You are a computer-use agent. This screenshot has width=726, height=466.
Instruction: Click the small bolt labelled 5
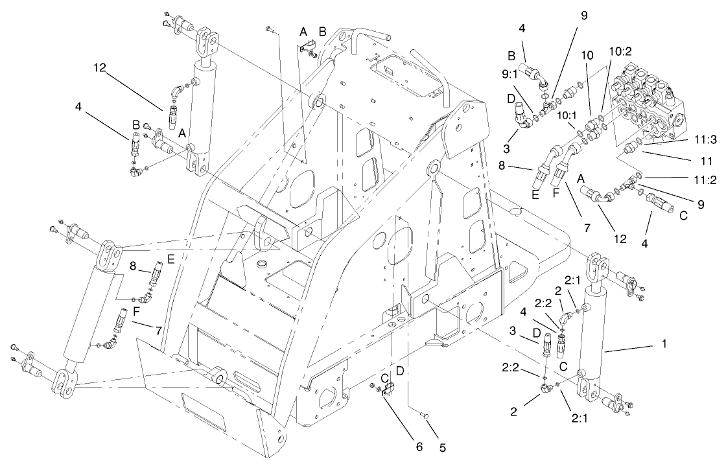pyautogui.click(x=424, y=423)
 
